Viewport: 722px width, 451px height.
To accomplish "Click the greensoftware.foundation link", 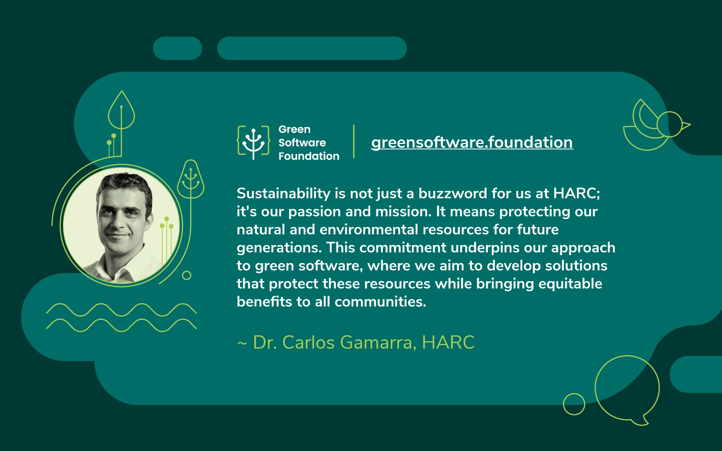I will click(x=472, y=142).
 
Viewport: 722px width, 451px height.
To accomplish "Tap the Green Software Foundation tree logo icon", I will click(x=253, y=142).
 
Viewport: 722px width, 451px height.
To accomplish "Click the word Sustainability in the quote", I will click(x=283, y=194).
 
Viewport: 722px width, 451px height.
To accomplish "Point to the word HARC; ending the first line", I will click(x=576, y=194).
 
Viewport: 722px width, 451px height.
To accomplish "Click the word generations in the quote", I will click(x=279, y=248).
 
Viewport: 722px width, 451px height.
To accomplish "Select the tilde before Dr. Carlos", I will click(x=242, y=343).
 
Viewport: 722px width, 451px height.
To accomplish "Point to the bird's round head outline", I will click(x=670, y=124).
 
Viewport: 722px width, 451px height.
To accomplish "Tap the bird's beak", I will click(x=686, y=125).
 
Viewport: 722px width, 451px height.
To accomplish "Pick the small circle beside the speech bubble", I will click(x=574, y=404).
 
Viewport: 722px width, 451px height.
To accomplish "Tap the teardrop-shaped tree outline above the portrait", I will click(x=121, y=111).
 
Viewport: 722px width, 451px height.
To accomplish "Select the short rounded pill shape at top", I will click(x=177, y=48).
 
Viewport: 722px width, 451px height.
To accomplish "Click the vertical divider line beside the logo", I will click(x=354, y=142).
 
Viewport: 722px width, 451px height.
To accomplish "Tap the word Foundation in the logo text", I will click(x=309, y=156).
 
